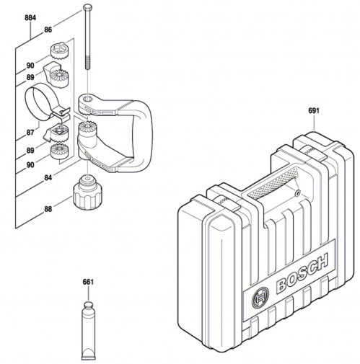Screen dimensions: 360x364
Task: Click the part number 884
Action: (30, 17)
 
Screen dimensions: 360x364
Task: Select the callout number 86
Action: (48, 30)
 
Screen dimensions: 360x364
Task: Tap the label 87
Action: (30, 132)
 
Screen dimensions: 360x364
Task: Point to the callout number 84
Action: (48, 178)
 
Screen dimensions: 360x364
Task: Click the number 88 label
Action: (48, 209)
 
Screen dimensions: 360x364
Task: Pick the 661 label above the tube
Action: (88, 282)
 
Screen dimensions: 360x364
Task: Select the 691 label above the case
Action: (314, 111)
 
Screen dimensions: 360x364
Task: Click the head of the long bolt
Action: (87, 7)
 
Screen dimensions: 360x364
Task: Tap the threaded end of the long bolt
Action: (88, 63)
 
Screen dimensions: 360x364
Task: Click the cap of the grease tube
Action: (88, 306)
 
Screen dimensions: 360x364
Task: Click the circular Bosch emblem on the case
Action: (260, 298)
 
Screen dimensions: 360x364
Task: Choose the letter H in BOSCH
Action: (321, 262)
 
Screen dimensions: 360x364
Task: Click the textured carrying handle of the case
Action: (273, 184)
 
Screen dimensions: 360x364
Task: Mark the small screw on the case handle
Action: (298, 192)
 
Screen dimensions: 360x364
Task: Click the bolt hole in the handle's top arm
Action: (88, 98)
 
